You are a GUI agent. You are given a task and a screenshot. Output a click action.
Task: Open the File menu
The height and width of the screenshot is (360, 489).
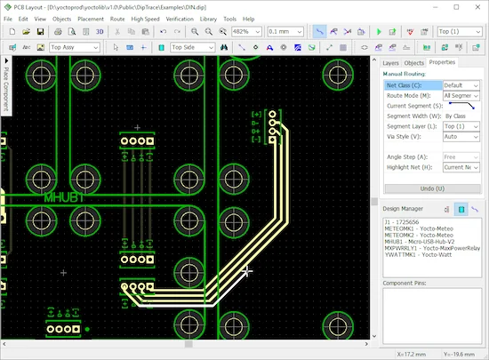pyautogui.click(x=9, y=18)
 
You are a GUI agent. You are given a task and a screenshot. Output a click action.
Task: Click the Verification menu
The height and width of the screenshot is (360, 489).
pyautogui.click(x=180, y=18)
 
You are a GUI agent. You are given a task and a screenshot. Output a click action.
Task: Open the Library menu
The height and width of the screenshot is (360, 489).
pyautogui.click(x=207, y=18)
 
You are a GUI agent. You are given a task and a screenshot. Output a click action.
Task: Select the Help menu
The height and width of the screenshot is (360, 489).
pyautogui.click(x=248, y=18)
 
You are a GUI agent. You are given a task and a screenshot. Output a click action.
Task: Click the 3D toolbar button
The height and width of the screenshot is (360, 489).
pyautogui.click(x=100, y=32)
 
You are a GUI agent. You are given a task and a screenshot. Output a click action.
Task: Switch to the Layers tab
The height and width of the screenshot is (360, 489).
pyautogui.click(x=391, y=63)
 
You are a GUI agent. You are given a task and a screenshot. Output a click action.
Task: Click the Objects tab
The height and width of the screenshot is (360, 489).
pyautogui.click(x=414, y=63)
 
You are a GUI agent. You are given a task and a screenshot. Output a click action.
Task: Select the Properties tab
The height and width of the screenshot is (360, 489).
pyautogui.click(x=442, y=63)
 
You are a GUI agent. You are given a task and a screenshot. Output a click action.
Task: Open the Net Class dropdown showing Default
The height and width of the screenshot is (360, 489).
pyautogui.click(x=461, y=85)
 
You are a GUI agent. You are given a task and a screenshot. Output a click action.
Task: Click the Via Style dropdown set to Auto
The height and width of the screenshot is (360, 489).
pyautogui.click(x=461, y=137)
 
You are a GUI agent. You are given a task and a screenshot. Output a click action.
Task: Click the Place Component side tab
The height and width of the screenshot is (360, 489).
pyautogui.click(x=6, y=89)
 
